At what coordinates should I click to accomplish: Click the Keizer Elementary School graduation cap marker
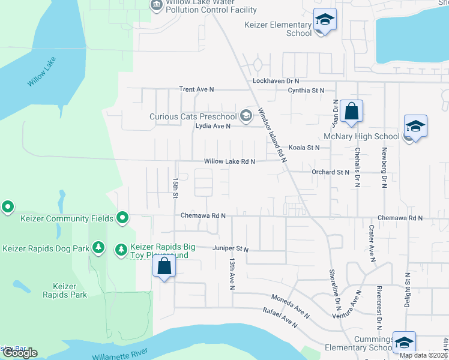tap(325, 21)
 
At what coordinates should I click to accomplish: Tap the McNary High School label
tap(361, 137)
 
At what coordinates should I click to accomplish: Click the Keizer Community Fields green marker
tap(122, 217)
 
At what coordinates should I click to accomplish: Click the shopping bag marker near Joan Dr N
tap(351, 111)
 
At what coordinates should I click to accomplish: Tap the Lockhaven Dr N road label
tap(276, 80)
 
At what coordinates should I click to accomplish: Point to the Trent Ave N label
tap(196, 89)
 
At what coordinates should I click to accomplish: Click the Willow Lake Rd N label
tap(229, 161)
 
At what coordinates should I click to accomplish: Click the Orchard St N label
tap(330, 172)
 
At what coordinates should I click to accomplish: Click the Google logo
tap(20, 353)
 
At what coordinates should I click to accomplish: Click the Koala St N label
tap(304, 148)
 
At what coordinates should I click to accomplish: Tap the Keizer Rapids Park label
tap(65, 290)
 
